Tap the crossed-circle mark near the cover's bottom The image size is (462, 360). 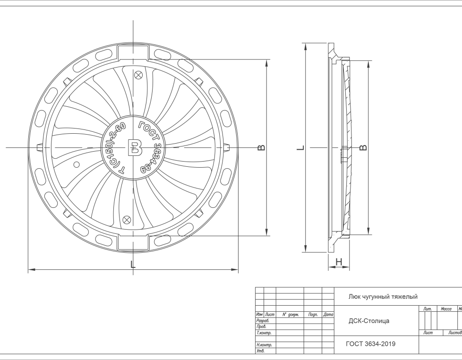(127, 218)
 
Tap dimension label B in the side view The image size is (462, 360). (363, 147)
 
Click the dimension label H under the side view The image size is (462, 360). (339, 262)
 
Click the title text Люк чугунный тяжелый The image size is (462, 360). (383, 297)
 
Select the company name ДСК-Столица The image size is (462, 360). (369, 321)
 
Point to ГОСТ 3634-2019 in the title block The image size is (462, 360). (371, 344)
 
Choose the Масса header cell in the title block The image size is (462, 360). (446, 309)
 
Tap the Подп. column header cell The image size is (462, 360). (312, 314)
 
